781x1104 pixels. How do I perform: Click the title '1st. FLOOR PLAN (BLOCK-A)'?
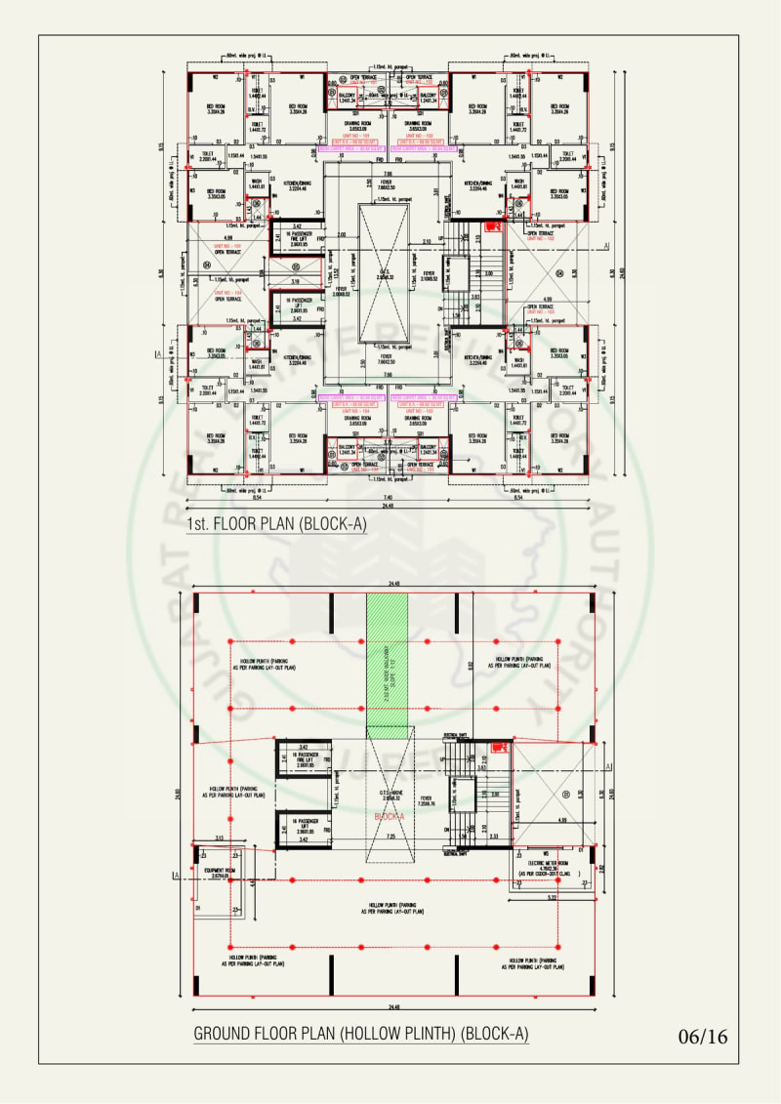click(276, 525)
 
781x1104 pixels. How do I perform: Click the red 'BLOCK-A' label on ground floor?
click(389, 815)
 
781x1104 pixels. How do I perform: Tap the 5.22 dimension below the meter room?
click(552, 895)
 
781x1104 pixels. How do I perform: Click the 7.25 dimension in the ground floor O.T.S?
click(390, 837)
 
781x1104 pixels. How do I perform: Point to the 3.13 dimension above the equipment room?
click(221, 838)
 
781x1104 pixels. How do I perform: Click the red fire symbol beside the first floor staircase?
click(491, 226)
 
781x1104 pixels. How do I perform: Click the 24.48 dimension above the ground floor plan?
click(393, 586)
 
